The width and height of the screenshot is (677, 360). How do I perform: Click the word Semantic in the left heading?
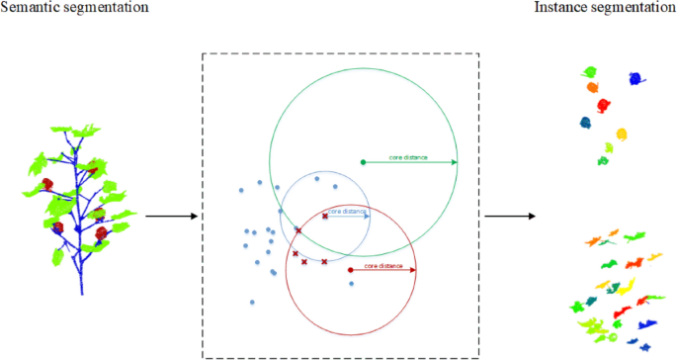click(31, 8)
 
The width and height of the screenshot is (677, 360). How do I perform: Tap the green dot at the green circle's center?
click(364, 161)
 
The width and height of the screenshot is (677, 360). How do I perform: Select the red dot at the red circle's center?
click(352, 269)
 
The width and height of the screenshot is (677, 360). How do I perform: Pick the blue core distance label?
click(346, 211)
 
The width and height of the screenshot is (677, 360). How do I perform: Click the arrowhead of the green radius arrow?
click(454, 161)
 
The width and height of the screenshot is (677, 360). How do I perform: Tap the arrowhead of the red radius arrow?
click(413, 269)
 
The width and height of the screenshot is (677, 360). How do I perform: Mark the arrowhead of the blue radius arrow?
click(367, 216)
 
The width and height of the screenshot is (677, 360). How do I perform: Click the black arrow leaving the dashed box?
click(508, 216)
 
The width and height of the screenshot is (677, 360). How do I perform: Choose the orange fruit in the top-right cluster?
click(593, 87)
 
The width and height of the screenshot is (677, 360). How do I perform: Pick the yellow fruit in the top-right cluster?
click(623, 134)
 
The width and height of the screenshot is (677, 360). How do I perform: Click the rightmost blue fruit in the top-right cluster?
click(634, 79)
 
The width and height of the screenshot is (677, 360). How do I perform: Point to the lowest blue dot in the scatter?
click(253, 302)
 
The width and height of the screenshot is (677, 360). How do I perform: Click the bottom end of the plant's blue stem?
click(81, 293)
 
